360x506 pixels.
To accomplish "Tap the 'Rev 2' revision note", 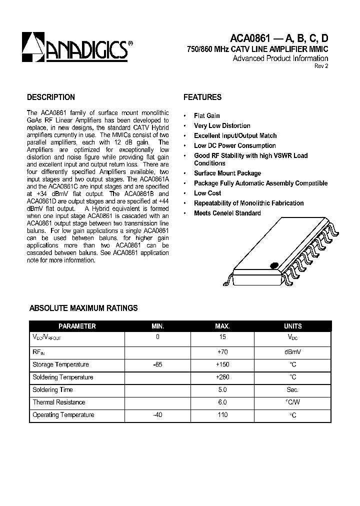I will (321, 66).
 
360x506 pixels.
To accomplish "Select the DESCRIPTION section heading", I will (50, 97).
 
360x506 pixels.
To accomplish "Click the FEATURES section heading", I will (202, 97).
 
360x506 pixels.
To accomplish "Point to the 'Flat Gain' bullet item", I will (206, 115).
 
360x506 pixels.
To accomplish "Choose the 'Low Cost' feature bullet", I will (207, 193).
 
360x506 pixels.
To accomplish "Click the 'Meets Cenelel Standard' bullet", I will (227, 213).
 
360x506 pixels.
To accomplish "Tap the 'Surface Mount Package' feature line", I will (227, 173).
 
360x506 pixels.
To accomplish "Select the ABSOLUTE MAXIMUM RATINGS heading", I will (83, 308).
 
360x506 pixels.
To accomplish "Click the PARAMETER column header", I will (77, 326).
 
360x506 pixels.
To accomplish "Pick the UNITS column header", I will (292, 326).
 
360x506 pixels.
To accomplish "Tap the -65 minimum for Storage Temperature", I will (157, 364).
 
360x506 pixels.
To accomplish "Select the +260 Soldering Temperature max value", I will (222, 377).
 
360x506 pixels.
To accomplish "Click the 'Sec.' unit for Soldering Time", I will (292, 389).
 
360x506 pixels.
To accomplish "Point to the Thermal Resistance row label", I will (58, 402).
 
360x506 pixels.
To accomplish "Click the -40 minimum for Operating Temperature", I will (157, 414).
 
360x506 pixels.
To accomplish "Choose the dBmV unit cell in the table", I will (292, 352).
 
